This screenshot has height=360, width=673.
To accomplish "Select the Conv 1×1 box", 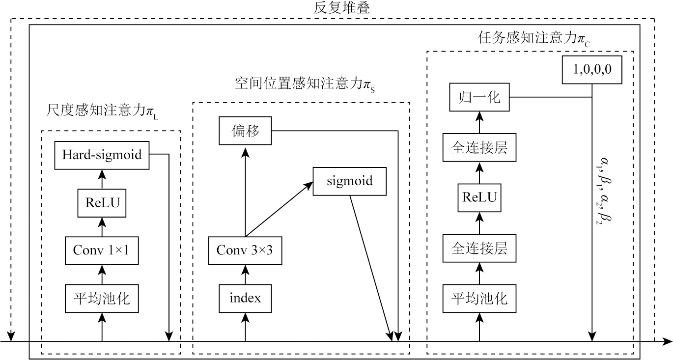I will [x=102, y=249].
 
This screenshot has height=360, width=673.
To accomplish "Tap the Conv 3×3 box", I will [x=245, y=249].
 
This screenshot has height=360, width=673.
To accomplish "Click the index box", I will [x=245, y=298].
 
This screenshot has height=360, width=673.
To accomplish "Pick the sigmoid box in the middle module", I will [x=350, y=181].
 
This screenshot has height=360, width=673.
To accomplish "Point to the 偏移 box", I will [x=245, y=131].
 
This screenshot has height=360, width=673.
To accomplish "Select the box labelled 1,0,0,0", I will [x=591, y=70].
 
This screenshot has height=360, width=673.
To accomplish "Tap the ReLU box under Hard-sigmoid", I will [x=102, y=202].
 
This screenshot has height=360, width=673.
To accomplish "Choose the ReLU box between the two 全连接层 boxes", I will [x=479, y=198].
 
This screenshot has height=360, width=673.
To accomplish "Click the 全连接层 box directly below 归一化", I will [x=479, y=147].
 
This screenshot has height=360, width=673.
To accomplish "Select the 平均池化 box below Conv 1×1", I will [x=102, y=298].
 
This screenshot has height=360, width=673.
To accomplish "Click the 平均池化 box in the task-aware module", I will [x=479, y=298].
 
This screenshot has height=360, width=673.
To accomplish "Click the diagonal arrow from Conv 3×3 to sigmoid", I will [x=279, y=209].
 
